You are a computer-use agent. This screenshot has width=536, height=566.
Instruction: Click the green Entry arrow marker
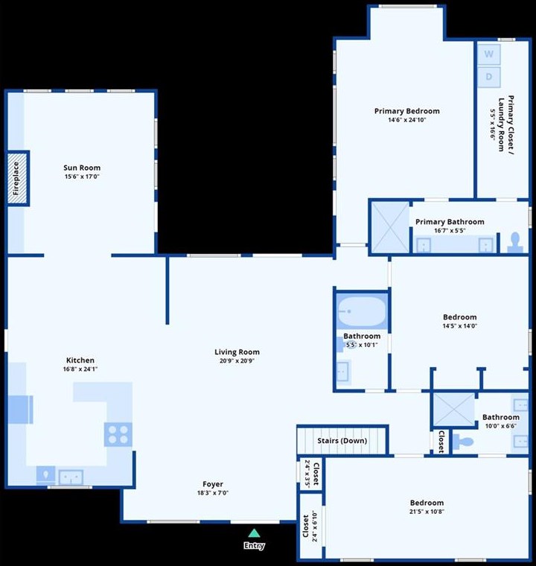[254, 532]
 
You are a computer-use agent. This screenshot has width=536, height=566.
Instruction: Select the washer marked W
[489, 54]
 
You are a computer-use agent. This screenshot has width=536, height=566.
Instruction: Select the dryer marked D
[489, 76]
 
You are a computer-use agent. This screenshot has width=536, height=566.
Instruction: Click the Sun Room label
[82, 168]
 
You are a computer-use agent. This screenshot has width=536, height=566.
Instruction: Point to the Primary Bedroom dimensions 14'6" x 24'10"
[406, 121]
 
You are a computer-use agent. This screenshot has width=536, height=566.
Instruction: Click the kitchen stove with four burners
[118, 433]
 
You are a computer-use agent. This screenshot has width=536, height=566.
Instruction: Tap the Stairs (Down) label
[342, 441]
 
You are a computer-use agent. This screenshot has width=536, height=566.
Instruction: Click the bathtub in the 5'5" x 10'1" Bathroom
[361, 310]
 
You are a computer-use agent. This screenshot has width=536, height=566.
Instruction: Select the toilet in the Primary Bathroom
[514, 241]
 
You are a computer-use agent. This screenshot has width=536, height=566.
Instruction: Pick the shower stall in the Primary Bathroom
[389, 227]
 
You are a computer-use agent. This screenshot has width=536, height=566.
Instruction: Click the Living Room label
[237, 352]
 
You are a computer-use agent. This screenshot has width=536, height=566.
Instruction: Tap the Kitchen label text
[80, 360]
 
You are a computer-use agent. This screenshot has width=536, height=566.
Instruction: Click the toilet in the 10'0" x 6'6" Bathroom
[466, 442]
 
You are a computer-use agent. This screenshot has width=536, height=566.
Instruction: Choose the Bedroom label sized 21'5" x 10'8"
[426, 503]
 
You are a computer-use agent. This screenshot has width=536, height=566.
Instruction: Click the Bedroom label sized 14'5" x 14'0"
[459, 317]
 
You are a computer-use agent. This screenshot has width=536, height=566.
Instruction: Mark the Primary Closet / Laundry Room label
[506, 119]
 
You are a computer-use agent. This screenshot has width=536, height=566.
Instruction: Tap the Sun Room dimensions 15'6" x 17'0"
[82, 177]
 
